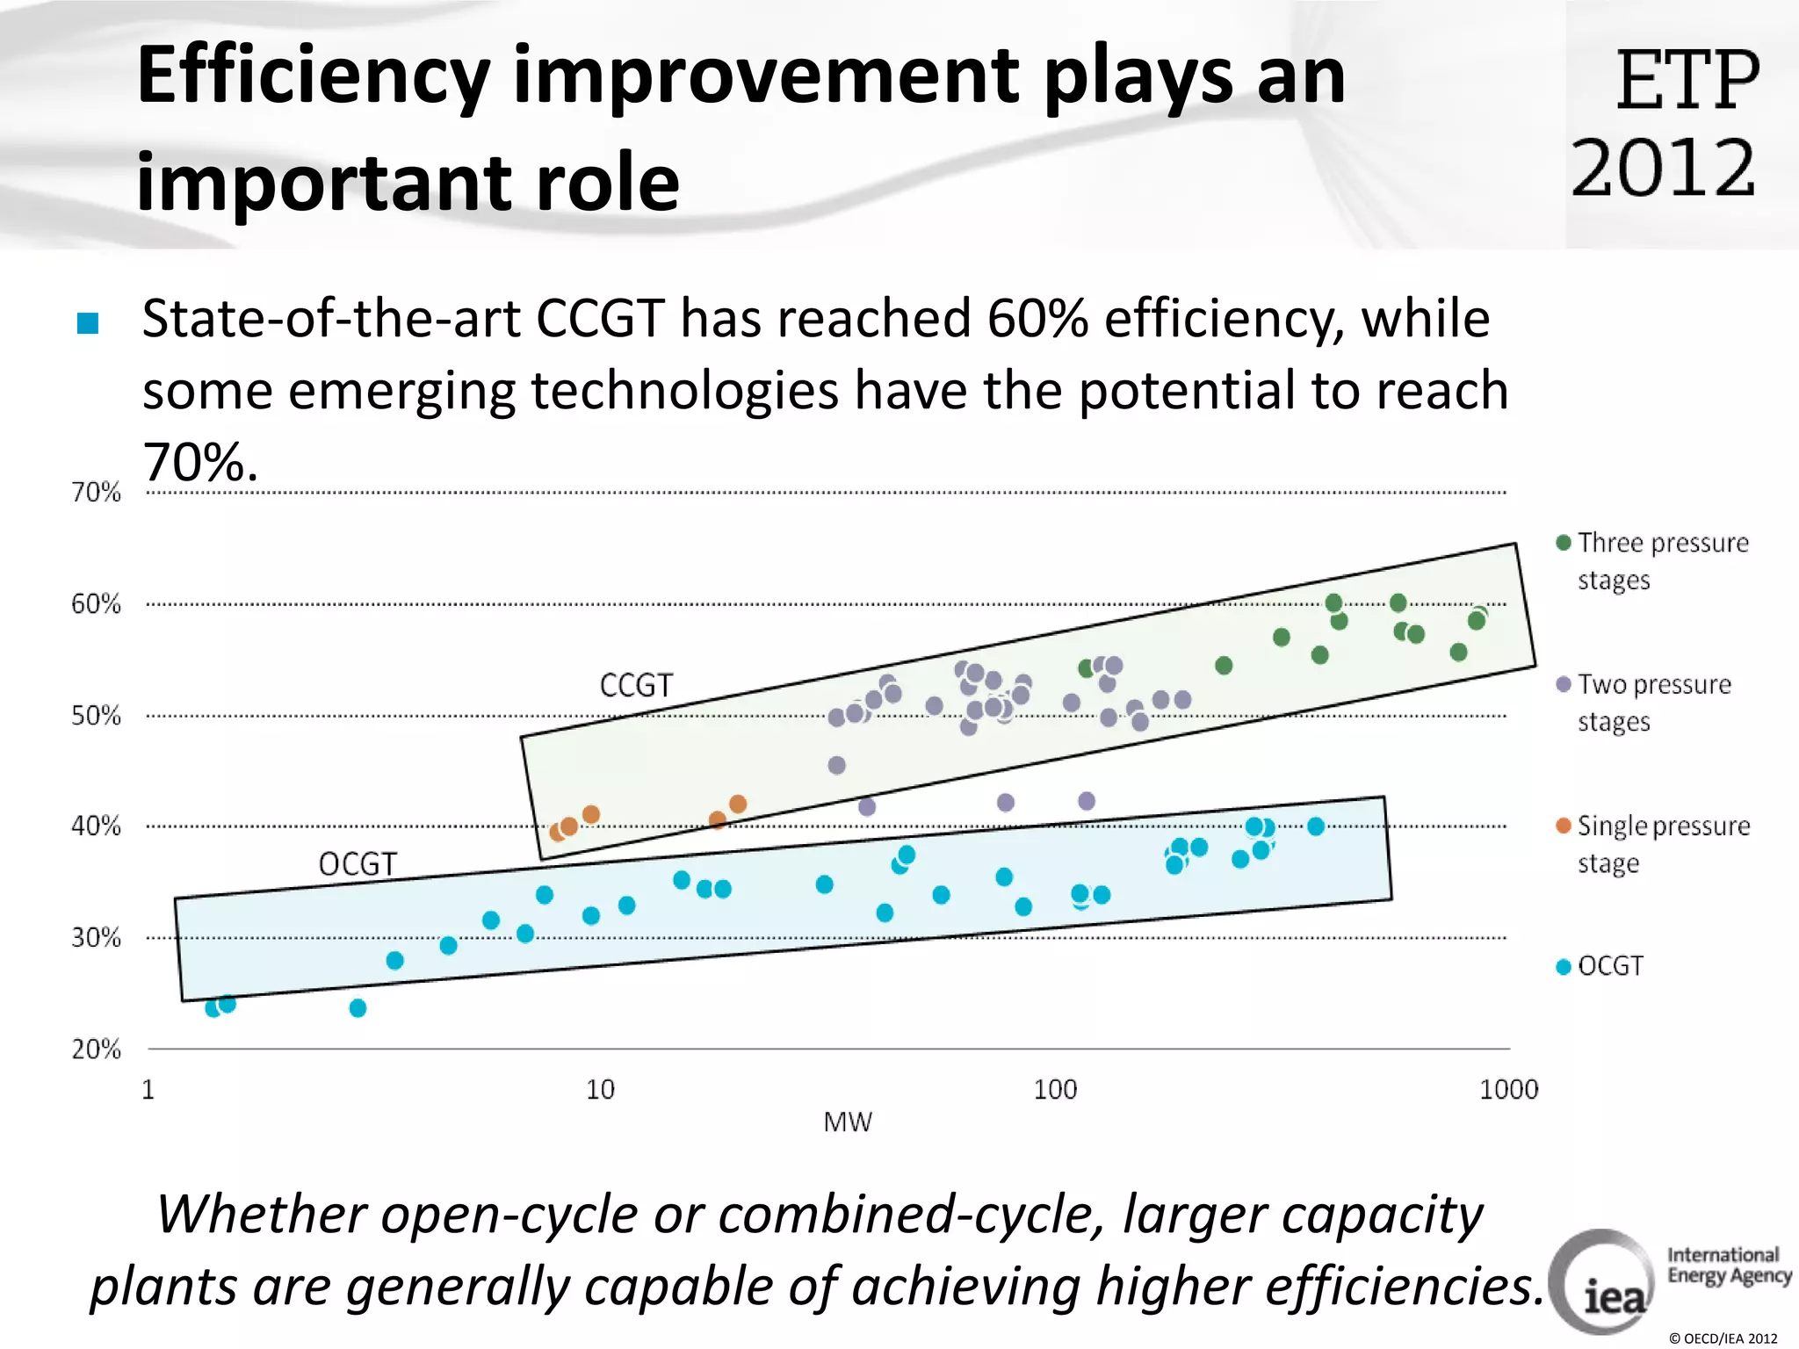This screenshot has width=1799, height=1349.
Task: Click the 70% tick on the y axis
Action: pos(96,492)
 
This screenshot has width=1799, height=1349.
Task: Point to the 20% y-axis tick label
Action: pos(96,1049)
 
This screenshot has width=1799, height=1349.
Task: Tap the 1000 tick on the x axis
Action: pos(1508,1090)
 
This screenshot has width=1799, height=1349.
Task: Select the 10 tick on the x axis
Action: pos(600,1090)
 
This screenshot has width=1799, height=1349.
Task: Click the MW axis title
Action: pos(848,1122)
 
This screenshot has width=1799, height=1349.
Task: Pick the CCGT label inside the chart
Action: pos(636,685)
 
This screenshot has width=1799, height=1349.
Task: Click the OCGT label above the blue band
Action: pos(358,864)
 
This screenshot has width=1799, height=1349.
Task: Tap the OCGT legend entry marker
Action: pos(1563,967)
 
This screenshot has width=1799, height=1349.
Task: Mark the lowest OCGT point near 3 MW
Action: pos(358,1008)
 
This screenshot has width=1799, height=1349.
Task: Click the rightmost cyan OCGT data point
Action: pos(1315,826)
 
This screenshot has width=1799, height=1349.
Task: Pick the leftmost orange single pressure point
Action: pos(558,832)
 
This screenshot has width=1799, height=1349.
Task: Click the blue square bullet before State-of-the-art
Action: pos(88,323)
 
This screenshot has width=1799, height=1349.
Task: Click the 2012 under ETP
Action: pos(1663,169)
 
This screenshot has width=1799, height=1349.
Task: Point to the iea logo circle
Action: pos(1601,1282)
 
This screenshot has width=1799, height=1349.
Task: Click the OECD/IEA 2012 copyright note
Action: pos(1723,1338)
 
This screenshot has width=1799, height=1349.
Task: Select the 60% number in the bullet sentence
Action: pos(1037,318)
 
